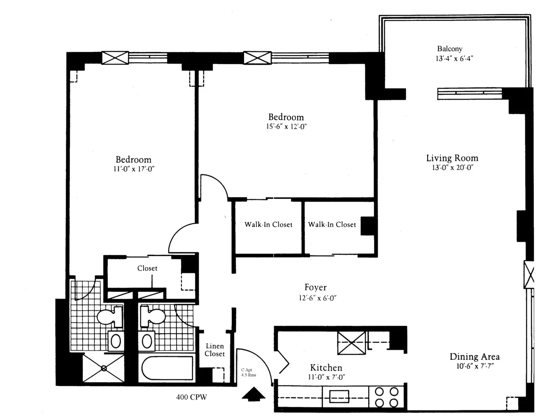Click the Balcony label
click(x=449, y=49)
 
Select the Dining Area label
click(x=474, y=357)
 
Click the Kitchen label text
click(x=326, y=367)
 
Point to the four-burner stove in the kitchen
click(x=387, y=397)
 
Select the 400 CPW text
click(x=191, y=397)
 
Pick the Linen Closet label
click(x=215, y=350)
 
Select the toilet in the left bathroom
click(x=108, y=317)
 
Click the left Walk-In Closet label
click(x=268, y=225)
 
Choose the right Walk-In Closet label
click(x=332, y=225)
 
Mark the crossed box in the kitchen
click(x=352, y=343)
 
